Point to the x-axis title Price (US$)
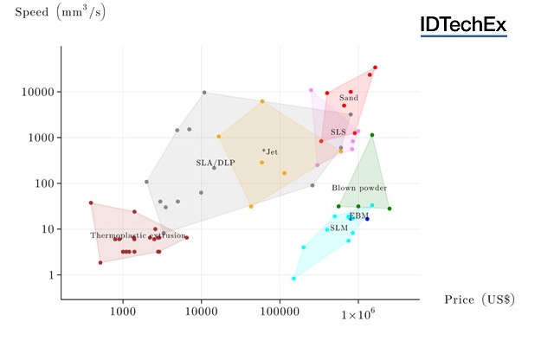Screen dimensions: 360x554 coord(480,299)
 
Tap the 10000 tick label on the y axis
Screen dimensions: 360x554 coord(37,92)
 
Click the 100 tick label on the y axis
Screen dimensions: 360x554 coord(44,183)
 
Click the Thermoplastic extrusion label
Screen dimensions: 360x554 coord(138,235)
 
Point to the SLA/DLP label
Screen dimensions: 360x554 coord(215,163)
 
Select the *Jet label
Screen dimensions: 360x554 coord(270,152)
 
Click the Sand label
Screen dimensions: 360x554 coord(349,98)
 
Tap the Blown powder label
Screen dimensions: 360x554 coord(359,188)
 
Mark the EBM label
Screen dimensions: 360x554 coord(358,215)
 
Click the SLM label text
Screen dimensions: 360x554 coord(338,228)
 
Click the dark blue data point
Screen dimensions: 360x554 coord(367,219)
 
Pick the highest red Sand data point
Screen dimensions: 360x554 coord(375,67)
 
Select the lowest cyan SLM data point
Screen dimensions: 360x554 coord(294,279)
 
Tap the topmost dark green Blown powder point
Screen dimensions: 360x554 coord(372,135)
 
